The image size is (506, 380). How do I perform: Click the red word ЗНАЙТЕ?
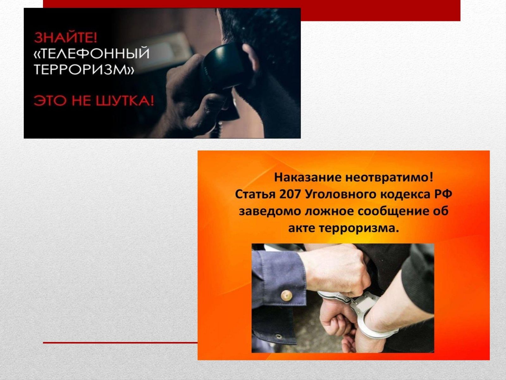tap(65, 38)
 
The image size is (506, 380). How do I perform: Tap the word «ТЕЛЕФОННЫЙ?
tap(91, 54)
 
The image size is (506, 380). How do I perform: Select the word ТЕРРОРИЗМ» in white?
tap(84, 69)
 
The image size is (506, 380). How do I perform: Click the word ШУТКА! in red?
tap(125, 101)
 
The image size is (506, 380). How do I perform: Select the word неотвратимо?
tap(390, 178)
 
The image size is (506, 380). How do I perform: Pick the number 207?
tap(290, 194)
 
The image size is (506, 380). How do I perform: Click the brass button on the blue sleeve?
tap(287, 295)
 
